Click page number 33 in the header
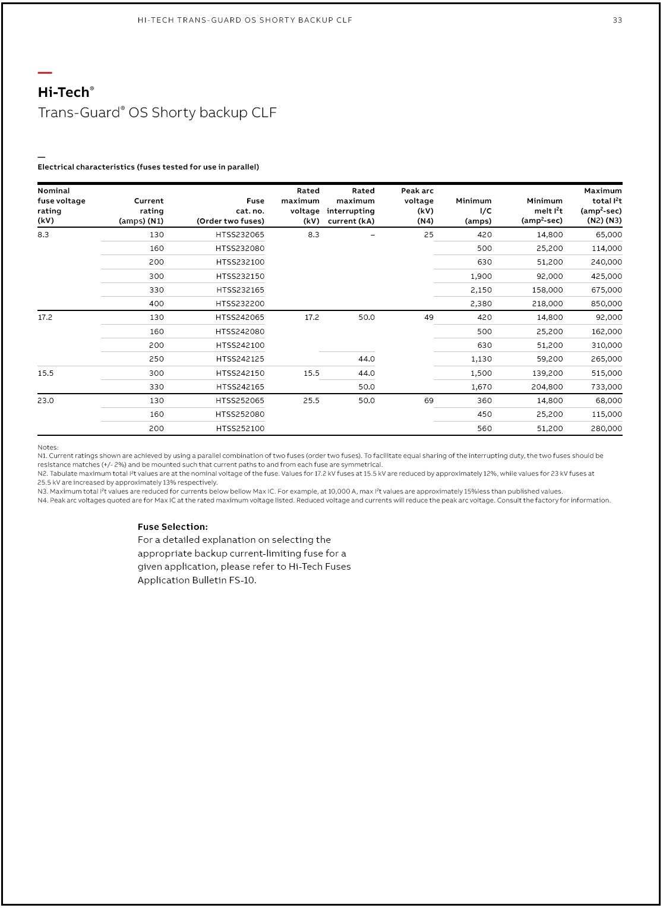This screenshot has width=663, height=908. (x=617, y=20)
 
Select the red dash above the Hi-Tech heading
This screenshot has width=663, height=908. (x=45, y=73)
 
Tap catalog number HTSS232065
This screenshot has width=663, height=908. (x=240, y=235)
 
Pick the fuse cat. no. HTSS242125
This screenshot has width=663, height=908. (x=240, y=359)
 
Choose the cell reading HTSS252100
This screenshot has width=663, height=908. (x=240, y=429)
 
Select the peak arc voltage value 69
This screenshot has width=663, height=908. (x=429, y=401)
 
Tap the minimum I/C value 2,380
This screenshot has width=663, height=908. (x=481, y=304)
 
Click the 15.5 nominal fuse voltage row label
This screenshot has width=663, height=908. (x=46, y=373)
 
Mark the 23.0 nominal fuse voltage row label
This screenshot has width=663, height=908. (x=46, y=401)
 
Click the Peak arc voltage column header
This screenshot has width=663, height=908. (x=418, y=206)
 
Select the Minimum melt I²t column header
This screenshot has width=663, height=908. (x=542, y=211)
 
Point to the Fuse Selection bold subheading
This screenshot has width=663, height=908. (x=173, y=527)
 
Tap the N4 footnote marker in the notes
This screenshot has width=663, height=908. (x=42, y=501)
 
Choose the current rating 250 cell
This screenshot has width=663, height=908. (x=157, y=359)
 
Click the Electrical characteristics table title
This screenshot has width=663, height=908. (x=148, y=167)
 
